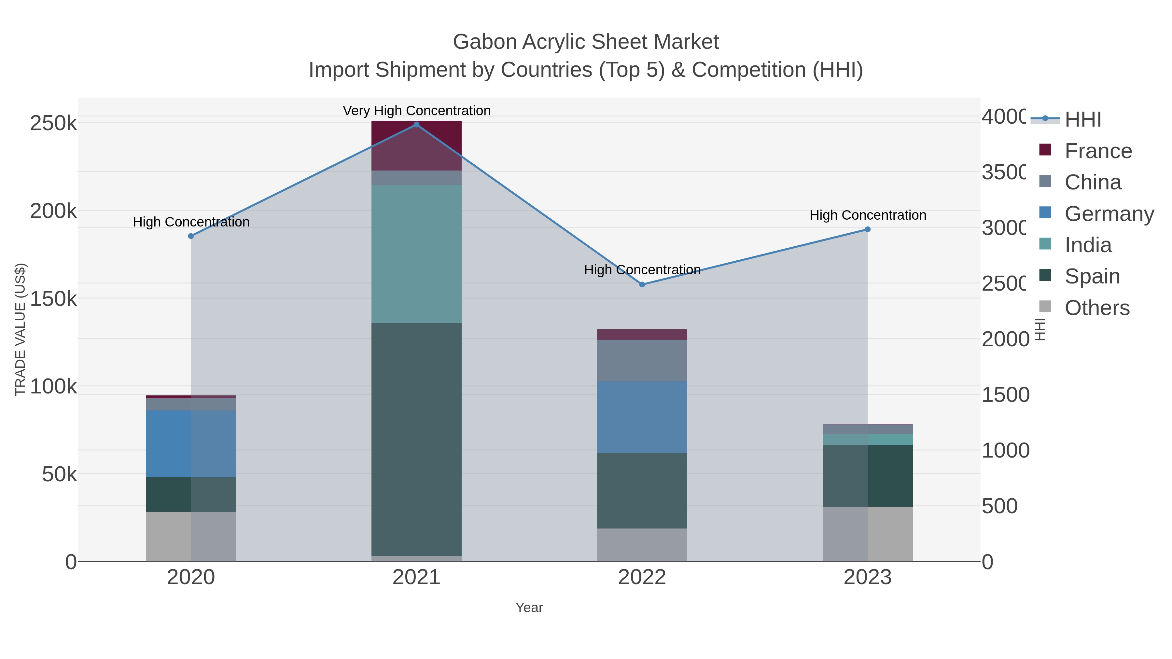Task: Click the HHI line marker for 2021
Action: pos(416,125)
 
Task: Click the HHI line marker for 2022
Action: pos(642,285)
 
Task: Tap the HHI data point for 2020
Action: pos(191,236)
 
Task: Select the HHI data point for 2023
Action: pos(868,229)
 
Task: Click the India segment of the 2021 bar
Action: pos(416,254)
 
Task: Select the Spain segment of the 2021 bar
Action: pos(416,439)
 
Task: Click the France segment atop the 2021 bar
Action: pos(416,145)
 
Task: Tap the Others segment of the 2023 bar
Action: pos(868,534)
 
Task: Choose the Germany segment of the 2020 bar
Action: pos(191,444)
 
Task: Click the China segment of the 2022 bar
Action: pos(642,360)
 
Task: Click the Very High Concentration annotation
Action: pos(416,111)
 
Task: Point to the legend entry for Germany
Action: pos(1109,214)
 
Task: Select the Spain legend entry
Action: pos(1092,277)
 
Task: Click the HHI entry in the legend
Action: pos(1083,120)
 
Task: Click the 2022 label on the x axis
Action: pos(642,578)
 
